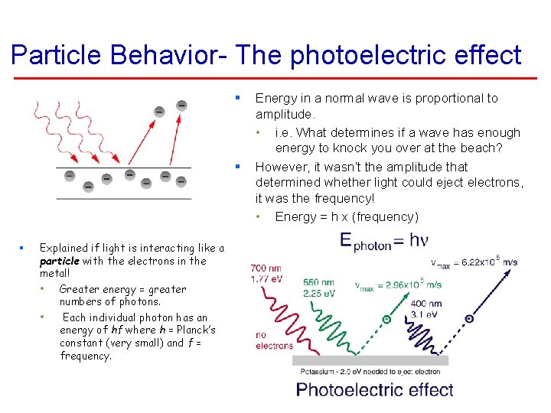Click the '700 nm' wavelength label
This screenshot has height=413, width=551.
pyautogui.click(x=266, y=268)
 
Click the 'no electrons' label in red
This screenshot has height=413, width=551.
pyautogui.click(x=274, y=340)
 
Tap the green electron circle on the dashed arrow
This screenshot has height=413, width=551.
pyautogui.click(x=386, y=319)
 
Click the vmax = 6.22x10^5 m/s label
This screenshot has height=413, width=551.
pyautogui.click(x=474, y=263)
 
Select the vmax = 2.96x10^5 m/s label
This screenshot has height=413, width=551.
pyautogui.click(x=398, y=285)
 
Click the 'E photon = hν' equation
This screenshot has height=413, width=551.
pyautogui.click(x=384, y=241)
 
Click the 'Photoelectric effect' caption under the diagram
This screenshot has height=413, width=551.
pyautogui.click(x=374, y=389)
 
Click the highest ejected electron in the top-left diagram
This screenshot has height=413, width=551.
pyautogui.click(x=181, y=105)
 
